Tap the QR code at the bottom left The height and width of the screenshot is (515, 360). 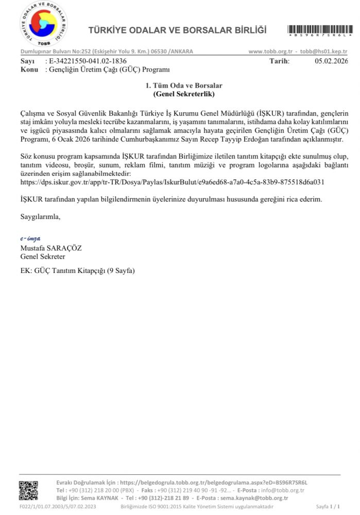coord(29,490)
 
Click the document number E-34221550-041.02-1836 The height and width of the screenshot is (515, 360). coord(88,61)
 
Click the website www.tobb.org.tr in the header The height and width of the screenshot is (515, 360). coord(270,52)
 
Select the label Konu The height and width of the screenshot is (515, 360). coord(29,68)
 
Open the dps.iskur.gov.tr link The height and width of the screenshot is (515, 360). coord(172,182)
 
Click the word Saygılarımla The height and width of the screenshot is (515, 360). coord(40,217)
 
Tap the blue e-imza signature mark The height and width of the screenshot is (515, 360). coord(30,239)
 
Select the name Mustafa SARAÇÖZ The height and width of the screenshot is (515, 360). coord(51,248)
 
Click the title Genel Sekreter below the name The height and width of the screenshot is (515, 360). coord(43,256)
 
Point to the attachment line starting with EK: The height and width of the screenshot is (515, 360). coord(77,271)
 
